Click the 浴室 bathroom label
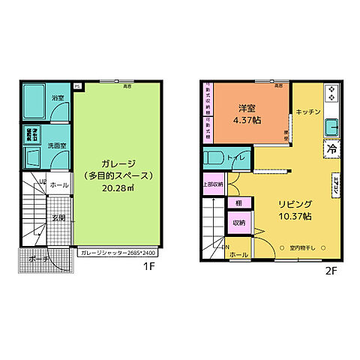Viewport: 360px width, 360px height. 58,98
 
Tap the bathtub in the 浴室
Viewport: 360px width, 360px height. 34,97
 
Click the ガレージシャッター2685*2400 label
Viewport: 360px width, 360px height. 119,253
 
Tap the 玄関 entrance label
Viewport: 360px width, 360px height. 58,217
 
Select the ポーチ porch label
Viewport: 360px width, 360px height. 40,259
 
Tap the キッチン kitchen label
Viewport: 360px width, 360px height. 308,112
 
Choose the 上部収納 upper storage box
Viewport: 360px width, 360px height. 213,184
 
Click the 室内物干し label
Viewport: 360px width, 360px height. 304,247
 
